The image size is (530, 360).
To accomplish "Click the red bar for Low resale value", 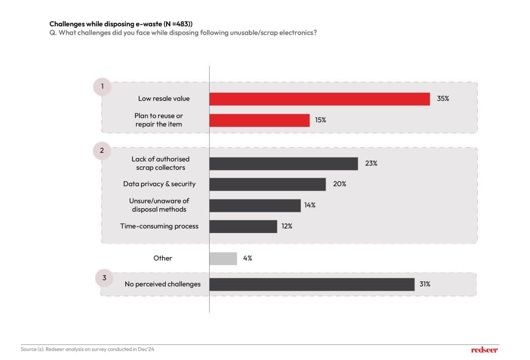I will click(x=319, y=99).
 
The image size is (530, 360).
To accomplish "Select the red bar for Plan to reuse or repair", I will click(x=259, y=120).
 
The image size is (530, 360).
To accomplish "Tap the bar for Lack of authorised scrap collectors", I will click(x=284, y=164).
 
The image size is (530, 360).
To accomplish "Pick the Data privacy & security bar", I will click(x=268, y=184).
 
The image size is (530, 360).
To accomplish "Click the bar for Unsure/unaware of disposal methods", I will click(x=255, y=205).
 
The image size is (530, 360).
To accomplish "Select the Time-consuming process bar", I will click(x=243, y=226).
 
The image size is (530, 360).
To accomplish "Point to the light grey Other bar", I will click(x=223, y=258).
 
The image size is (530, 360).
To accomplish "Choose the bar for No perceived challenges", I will click(x=312, y=284).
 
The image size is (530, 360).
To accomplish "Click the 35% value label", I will click(x=443, y=98).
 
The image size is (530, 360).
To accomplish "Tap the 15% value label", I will click(x=320, y=120).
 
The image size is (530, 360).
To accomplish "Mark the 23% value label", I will click(x=371, y=163).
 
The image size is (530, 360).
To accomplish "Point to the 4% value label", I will click(x=247, y=258).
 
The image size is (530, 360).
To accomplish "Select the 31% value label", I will click(x=425, y=284).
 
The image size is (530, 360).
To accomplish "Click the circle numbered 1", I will click(x=102, y=87).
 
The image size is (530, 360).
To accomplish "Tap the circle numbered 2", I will click(x=102, y=151).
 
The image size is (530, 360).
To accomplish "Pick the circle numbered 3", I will click(x=104, y=278).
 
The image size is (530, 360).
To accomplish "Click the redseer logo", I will click(x=484, y=350).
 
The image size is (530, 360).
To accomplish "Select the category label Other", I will click(x=163, y=258).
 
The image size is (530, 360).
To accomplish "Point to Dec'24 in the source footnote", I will click(x=147, y=349).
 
